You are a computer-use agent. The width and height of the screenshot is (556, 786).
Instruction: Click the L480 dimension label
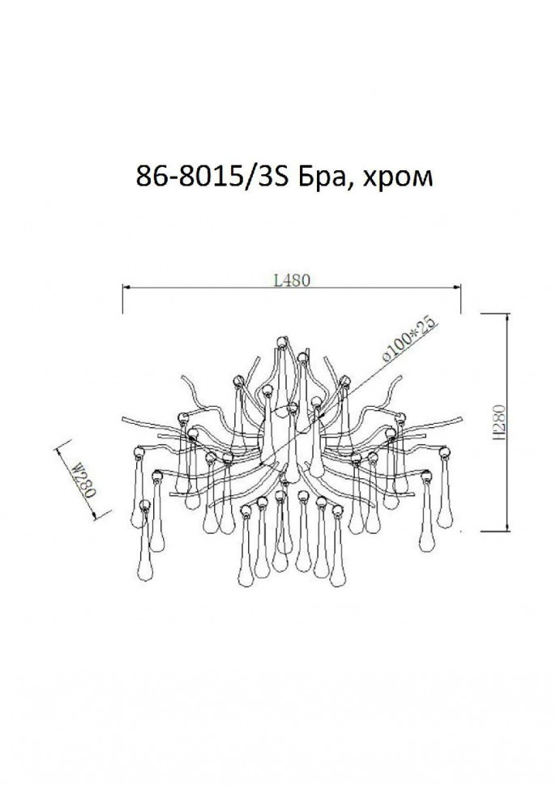click(x=289, y=280)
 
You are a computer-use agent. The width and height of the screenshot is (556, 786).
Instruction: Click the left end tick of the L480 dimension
click(x=122, y=297)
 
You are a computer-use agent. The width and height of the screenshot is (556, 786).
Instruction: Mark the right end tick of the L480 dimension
click(x=461, y=297)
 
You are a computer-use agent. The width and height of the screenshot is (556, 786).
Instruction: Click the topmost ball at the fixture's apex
click(x=281, y=340)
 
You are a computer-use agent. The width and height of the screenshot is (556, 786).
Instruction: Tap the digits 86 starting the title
click(x=147, y=177)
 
